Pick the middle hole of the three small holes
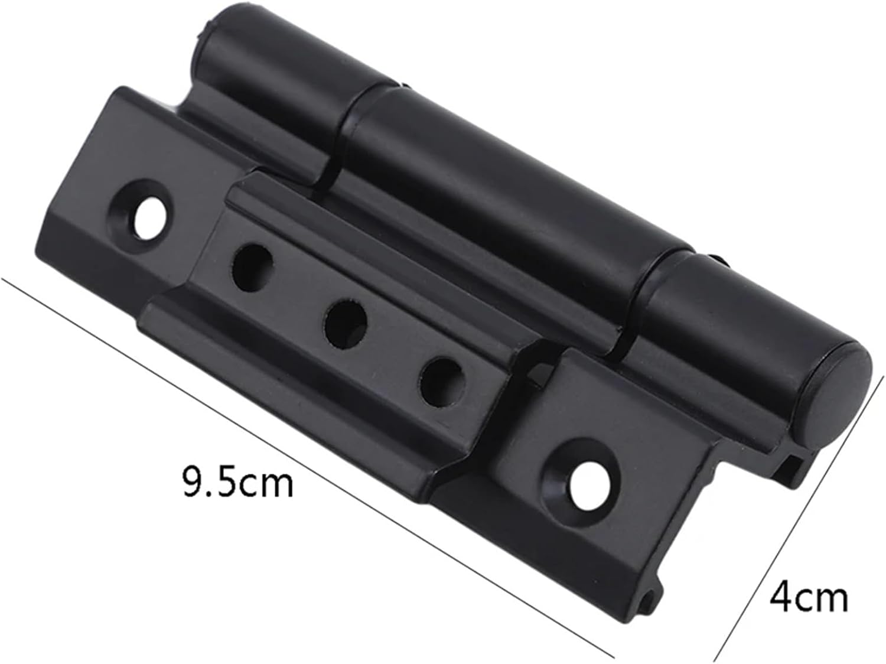346,322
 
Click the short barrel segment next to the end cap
732,319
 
